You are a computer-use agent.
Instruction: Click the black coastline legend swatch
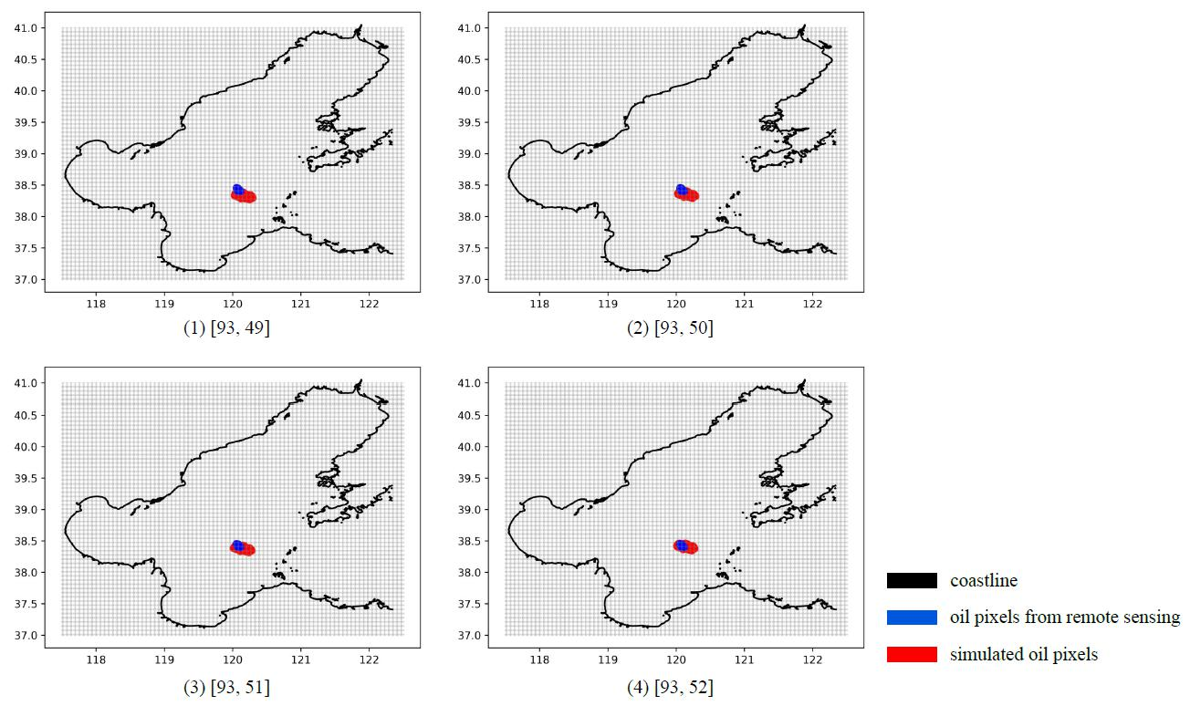point(912,581)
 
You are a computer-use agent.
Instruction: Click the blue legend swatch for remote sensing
point(912,618)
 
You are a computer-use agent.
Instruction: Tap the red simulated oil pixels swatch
point(912,654)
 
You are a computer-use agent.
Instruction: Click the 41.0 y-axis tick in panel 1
point(26,28)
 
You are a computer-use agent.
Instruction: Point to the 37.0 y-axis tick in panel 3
point(26,636)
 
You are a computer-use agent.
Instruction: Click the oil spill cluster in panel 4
point(685,546)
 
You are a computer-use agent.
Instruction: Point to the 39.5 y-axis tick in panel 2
point(470,122)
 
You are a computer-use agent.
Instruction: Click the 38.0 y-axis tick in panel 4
point(470,573)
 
